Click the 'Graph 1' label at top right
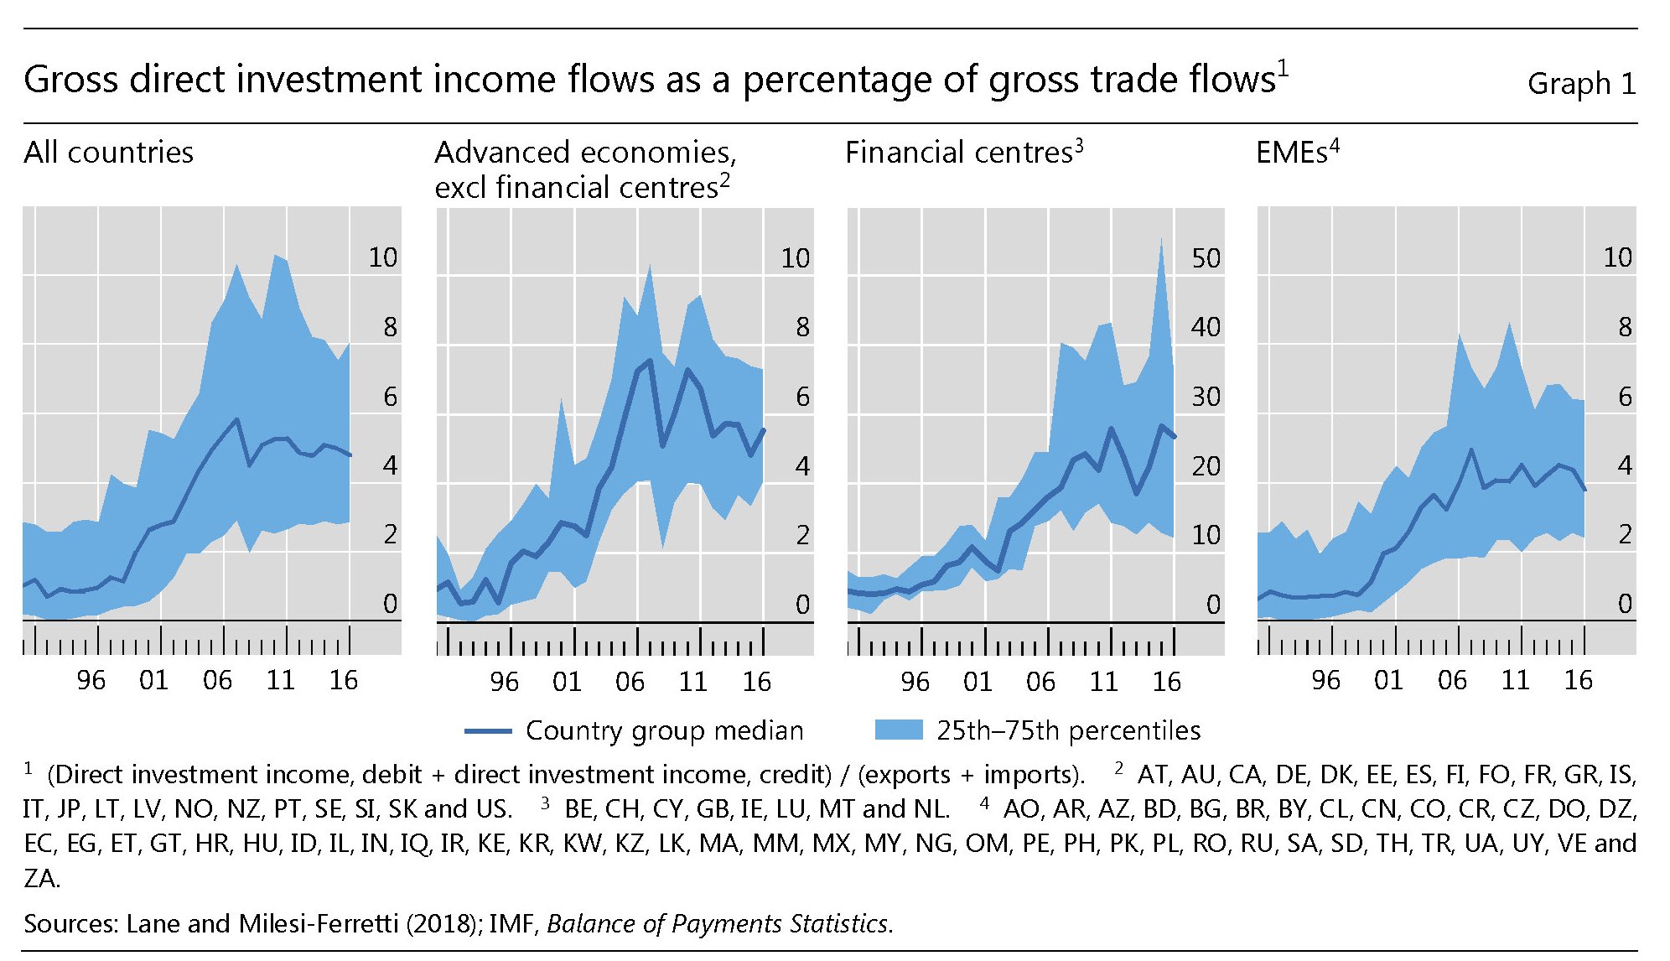1580,83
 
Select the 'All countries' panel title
108,152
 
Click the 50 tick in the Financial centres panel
1206,257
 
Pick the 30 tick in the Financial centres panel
1206,396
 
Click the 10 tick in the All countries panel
383,257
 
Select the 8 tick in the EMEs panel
1625,326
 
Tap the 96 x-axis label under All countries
91,679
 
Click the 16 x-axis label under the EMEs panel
1578,679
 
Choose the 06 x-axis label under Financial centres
1040,681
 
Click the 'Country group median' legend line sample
488,731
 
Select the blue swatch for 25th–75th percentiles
898,730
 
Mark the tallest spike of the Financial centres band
1161,242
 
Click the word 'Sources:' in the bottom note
71,923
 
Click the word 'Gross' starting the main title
72,80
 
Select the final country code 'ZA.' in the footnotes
41,878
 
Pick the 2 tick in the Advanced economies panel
802,534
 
